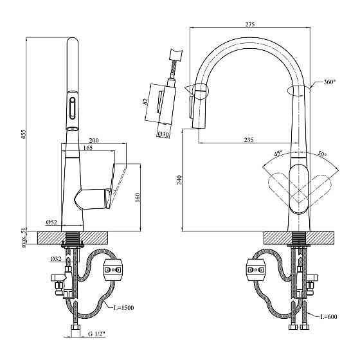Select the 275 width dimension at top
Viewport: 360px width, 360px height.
coord(251,24)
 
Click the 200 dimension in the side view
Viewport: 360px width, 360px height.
coord(94,140)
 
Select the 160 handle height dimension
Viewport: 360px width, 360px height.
coord(137,197)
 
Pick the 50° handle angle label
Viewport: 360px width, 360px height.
coord(321,155)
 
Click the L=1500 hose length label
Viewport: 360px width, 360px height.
coord(124,307)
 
